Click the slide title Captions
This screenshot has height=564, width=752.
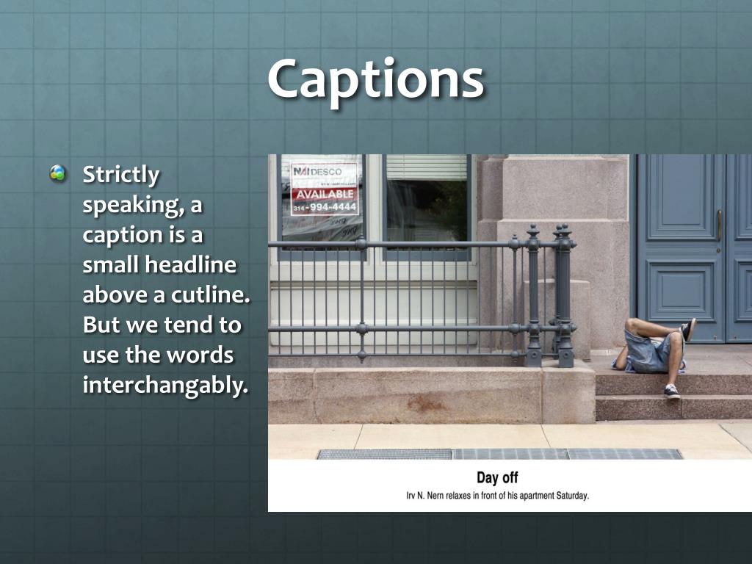pos(375,79)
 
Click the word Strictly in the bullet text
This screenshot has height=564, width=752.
pos(120,175)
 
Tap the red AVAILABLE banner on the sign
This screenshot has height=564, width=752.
pos(325,195)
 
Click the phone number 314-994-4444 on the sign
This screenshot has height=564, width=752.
pos(325,207)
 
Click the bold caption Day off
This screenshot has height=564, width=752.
pos(497,478)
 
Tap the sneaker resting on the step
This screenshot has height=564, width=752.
pos(671,391)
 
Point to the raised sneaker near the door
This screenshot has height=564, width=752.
pos(689,329)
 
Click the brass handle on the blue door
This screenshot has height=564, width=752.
pos(719,225)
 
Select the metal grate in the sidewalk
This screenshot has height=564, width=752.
pos(499,454)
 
